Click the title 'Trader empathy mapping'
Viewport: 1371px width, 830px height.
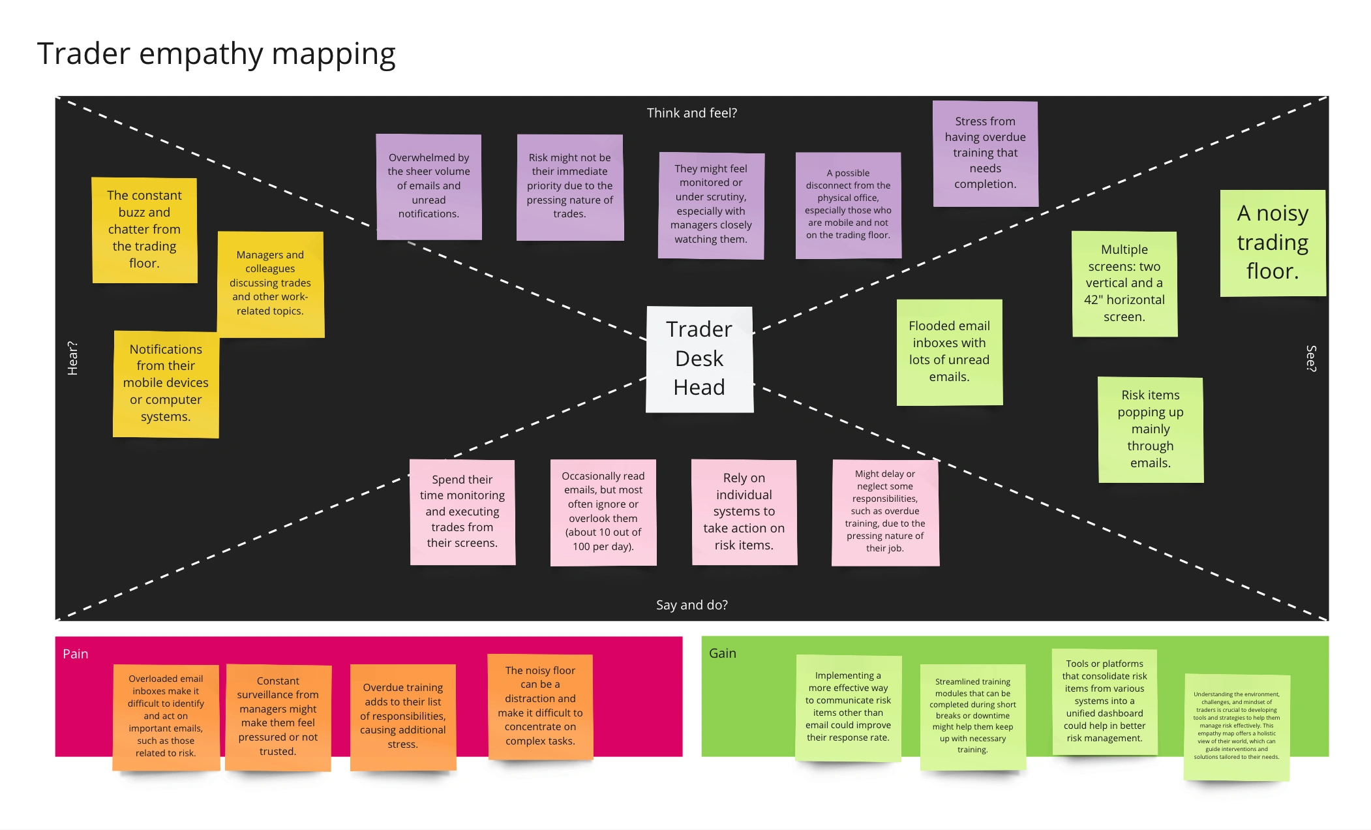(x=216, y=54)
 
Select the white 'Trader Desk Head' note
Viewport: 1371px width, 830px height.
(x=699, y=359)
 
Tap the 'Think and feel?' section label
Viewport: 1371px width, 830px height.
(x=691, y=113)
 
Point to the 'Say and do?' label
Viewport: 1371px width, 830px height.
(x=691, y=605)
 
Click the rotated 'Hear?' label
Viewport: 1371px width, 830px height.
(x=72, y=358)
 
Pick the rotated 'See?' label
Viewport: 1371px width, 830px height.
(x=1311, y=358)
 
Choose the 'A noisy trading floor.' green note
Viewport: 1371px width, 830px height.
(x=1273, y=243)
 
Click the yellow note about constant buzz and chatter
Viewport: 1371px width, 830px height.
(x=144, y=230)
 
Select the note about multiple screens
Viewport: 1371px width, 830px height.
(x=1124, y=284)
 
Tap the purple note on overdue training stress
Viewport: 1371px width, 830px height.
(x=985, y=153)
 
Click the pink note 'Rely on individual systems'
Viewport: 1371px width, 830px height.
(x=744, y=512)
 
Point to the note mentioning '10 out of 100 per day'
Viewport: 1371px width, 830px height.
(x=603, y=512)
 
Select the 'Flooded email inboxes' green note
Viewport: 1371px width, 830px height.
(x=949, y=352)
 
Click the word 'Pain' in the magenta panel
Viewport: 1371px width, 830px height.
(x=75, y=654)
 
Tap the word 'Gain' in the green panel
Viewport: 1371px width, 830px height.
(x=722, y=653)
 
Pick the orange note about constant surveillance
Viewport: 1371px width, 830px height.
(x=278, y=716)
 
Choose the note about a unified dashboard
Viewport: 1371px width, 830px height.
(x=1104, y=701)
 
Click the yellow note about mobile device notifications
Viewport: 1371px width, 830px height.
(x=166, y=384)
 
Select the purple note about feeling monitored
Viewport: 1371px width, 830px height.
(x=711, y=205)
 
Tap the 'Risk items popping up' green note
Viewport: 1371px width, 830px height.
(x=1150, y=429)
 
